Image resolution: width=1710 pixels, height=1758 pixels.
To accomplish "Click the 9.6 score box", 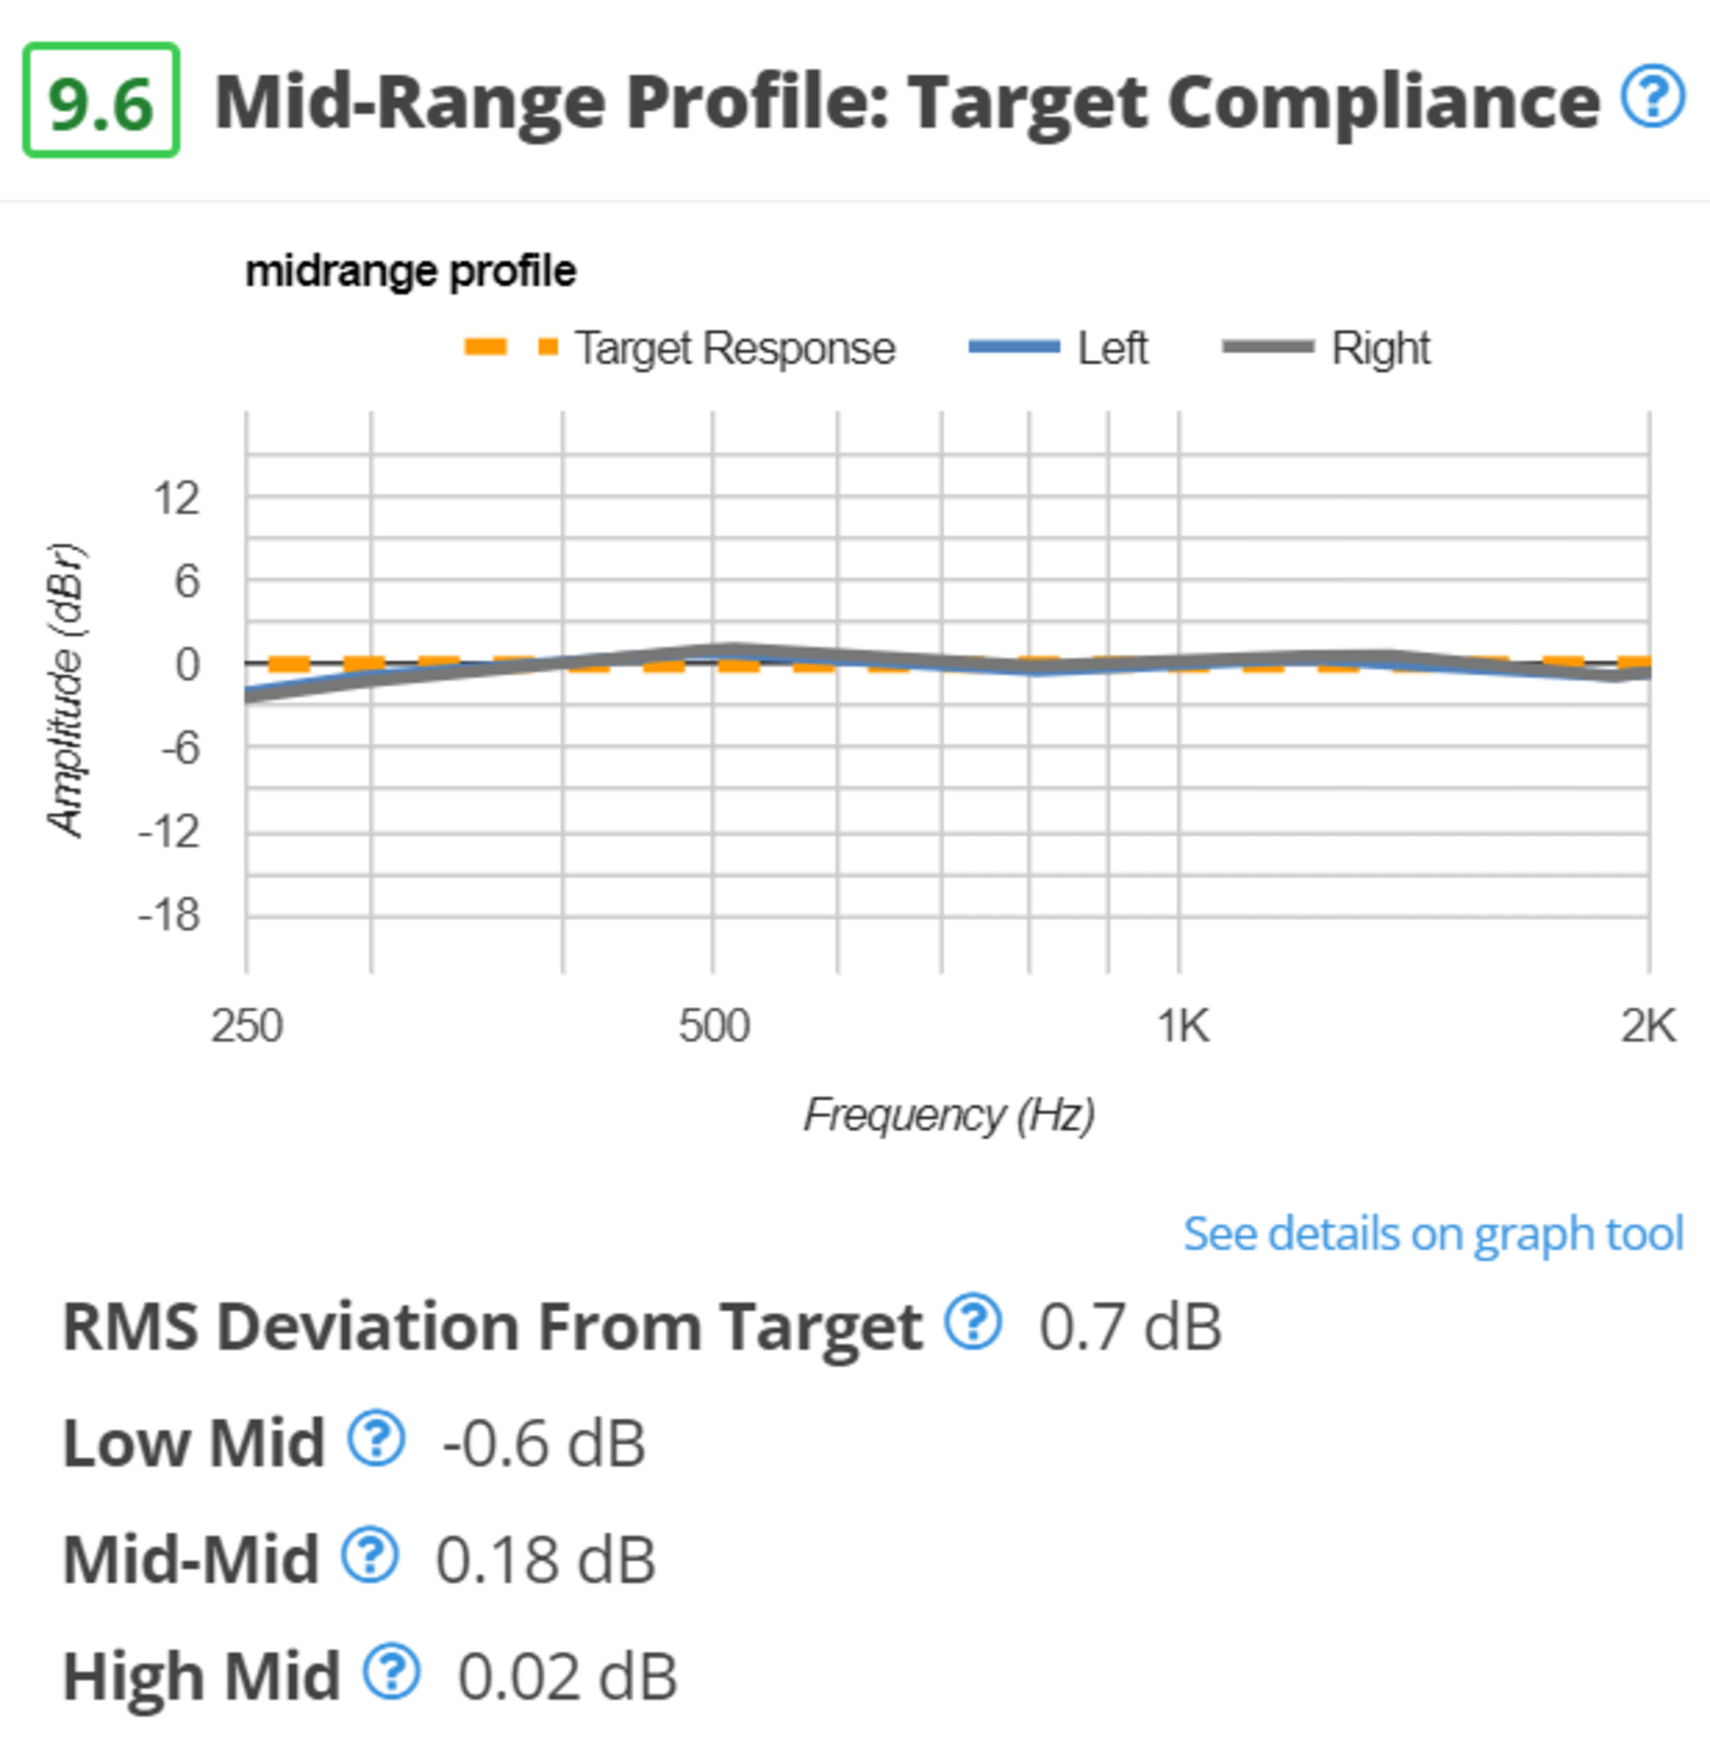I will coord(101,101).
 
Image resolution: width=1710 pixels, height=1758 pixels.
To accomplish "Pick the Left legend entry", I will coord(1060,348).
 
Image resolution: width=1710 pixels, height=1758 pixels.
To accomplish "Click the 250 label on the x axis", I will coord(247,1026).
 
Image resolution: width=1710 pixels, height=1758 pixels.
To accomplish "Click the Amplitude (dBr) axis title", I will coord(66,690).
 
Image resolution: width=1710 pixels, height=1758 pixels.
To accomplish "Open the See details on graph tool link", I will coord(1433,1233).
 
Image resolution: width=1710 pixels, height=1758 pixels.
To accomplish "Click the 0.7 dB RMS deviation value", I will coord(1130,1327).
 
